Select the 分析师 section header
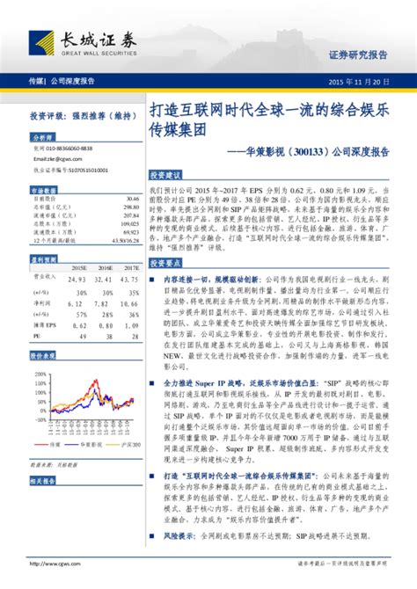43,138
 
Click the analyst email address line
58,159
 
